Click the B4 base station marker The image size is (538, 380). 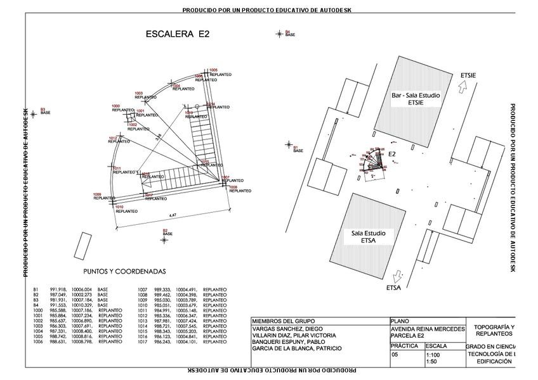pos(279,34)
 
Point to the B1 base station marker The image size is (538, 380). pos(288,146)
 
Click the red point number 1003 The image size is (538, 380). pos(139,93)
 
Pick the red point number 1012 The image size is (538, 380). pos(112,137)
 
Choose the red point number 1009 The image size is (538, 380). pos(97,194)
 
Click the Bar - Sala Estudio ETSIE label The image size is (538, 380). pos(416,98)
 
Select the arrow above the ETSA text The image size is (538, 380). pos(398,275)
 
